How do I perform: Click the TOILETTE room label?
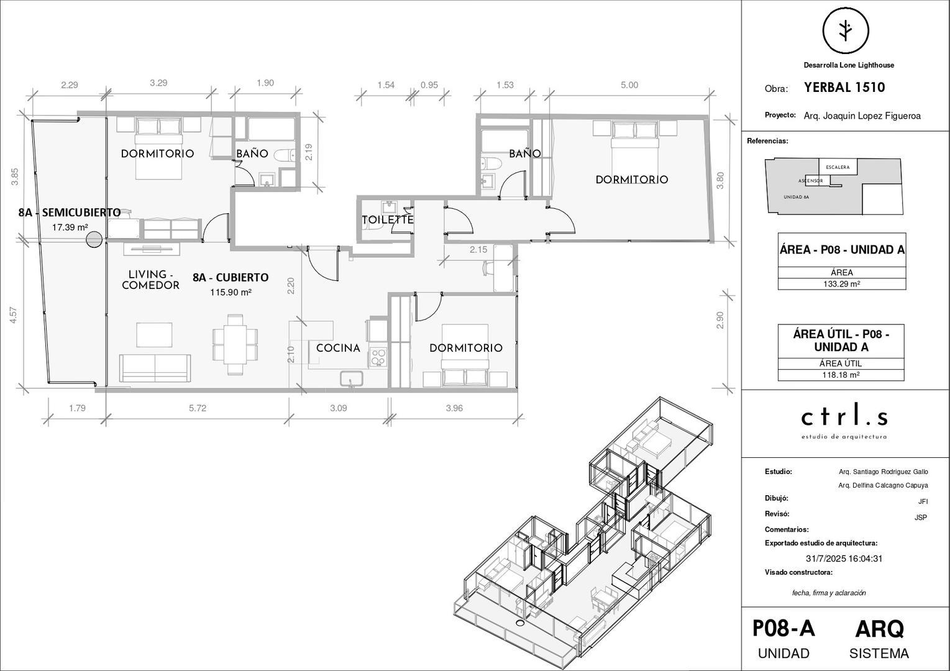[388, 220]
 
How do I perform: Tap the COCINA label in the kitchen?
[338, 348]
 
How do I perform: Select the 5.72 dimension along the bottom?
[198, 408]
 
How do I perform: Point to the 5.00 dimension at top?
[629, 85]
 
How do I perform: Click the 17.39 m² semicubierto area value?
[70, 227]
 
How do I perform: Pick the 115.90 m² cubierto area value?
[231, 292]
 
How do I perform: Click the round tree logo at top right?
[845, 30]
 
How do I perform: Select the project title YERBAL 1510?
[844, 88]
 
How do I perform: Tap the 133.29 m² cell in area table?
[841, 284]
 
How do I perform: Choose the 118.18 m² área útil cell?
[841, 375]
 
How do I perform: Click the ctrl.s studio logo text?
[844, 417]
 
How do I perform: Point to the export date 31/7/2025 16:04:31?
[844, 559]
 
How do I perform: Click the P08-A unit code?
[783, 629]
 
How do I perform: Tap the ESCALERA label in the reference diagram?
[838, 167]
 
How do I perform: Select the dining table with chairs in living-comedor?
[235, 344]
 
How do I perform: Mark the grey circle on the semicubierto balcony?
[94, 239]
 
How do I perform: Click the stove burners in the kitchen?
[378, 357]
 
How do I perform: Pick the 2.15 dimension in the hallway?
[478, 250]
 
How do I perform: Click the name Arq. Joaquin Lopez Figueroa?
[862, 116]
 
